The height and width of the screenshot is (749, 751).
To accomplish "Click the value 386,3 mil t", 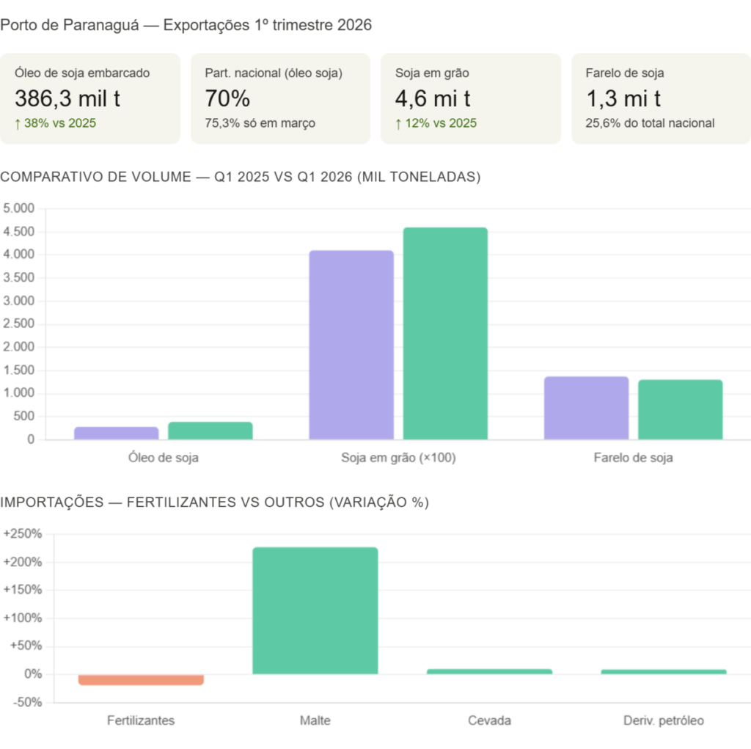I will pos(67,98).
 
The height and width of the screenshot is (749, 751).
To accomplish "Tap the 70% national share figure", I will pos(227,98).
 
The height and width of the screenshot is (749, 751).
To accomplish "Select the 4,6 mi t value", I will pos(433,98).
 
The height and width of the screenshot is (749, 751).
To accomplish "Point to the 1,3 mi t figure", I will pos(623,98).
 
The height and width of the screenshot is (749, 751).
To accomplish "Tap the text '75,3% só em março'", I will pos(260,123).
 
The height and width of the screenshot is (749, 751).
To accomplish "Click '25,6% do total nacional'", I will pos(650,123).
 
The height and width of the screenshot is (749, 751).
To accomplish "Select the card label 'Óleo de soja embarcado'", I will pos(82,73).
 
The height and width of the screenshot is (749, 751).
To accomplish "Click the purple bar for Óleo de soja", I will pos(116,433).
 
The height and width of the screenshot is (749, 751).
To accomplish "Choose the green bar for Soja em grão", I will pos(445,333).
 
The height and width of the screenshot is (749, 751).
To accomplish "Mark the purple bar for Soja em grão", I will pos(351,345).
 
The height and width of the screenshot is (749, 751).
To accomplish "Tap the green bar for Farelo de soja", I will pos(680,409).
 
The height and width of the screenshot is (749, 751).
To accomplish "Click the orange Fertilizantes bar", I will pos(141,680).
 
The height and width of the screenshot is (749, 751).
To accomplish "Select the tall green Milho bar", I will pos(315,610).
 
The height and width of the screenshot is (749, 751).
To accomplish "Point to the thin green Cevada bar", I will pos(489,671).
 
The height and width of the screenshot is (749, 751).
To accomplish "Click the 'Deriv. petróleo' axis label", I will pos(663,720).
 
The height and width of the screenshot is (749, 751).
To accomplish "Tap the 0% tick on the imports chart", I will pos(32,673).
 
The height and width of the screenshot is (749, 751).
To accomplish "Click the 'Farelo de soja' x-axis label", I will pos(633,458).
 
